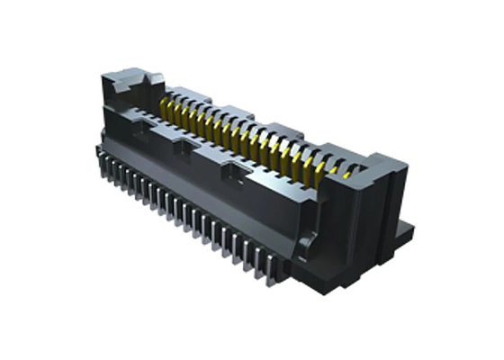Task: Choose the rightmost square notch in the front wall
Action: [235, 167]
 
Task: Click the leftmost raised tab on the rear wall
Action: [179, 91]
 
